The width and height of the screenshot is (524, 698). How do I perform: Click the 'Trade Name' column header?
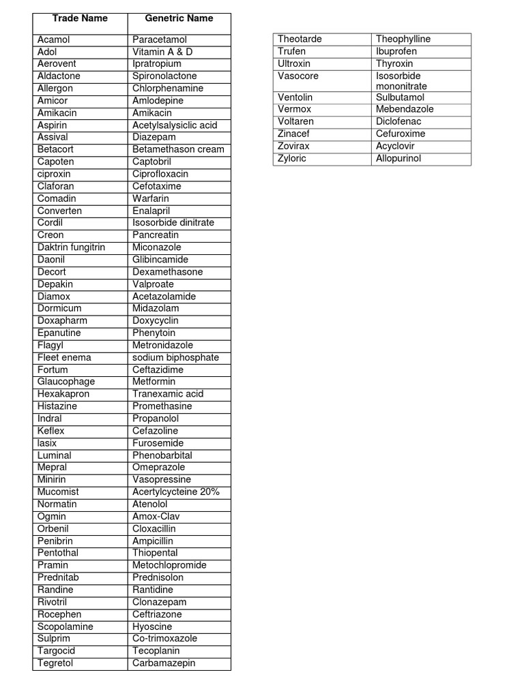click(80, 18)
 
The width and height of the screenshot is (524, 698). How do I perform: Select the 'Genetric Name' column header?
click(179, 18)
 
